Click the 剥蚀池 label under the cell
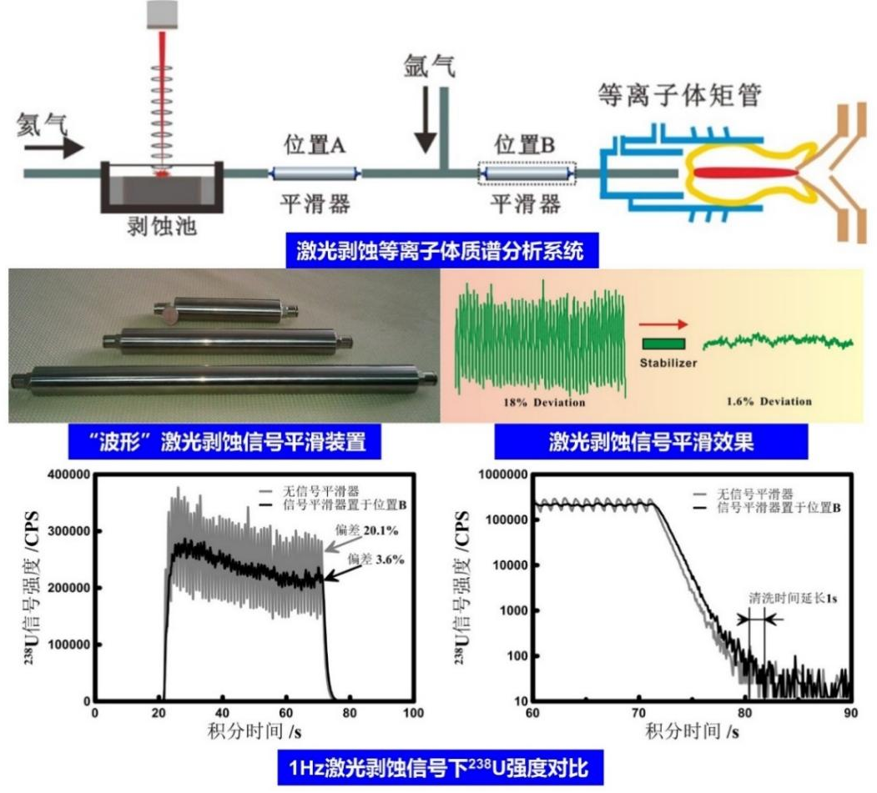point(157,226)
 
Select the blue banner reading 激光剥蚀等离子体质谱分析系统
point(447,249)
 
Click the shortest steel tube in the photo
point(228,311)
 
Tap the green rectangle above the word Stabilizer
point(664,342)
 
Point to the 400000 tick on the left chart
point(70,474)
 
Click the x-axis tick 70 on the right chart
point(638,713)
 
